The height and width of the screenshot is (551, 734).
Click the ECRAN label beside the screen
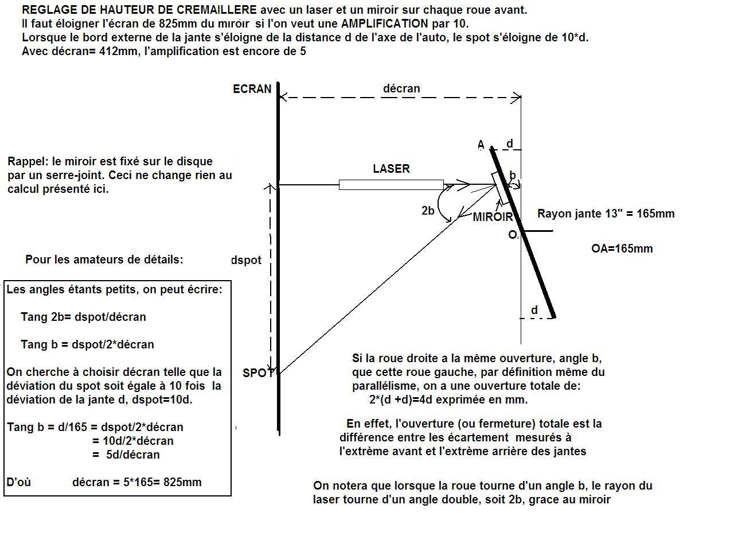252,89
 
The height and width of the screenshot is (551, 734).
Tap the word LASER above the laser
391,169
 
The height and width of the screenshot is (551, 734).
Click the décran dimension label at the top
401,88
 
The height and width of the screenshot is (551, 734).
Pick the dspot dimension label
246,260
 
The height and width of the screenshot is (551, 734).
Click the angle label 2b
428,211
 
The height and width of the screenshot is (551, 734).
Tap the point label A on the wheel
481,145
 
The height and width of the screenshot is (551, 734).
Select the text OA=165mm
622,249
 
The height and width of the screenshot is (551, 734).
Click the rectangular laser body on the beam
391,185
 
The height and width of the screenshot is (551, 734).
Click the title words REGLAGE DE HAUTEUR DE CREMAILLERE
139,10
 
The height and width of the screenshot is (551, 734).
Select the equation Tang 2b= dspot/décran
83,317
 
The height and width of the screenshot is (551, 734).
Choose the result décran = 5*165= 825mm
137,482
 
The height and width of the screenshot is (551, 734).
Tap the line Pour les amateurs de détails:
104,259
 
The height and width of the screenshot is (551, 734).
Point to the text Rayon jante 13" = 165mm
606,214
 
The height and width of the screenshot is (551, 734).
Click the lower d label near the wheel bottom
534,311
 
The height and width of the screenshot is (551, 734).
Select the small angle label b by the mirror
513,175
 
